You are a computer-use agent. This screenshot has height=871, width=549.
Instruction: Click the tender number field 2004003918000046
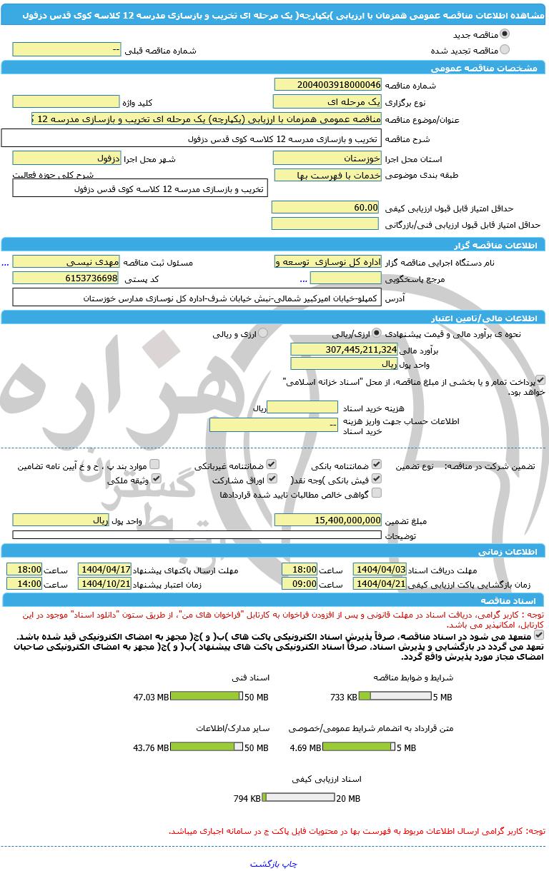pyautogui.click(x=327, y=85)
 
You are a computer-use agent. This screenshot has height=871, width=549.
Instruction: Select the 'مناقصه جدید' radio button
pyautogui.click(x=505, y=34)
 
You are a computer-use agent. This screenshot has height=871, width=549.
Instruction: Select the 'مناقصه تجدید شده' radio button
pyautogui.click(x=505, y=50)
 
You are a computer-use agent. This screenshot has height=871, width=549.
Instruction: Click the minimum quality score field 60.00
pyautogui.click(x=325, y=207)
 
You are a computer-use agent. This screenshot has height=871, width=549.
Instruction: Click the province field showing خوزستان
pyautogui.click(x=327, y=158)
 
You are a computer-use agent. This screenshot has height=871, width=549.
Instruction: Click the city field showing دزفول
pyautogui.click(x=66, y=158)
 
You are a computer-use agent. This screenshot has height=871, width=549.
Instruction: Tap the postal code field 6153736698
pyautogui.click(x=66, y=278)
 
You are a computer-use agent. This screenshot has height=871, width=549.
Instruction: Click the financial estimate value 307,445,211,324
pyautogui.click(x=344, y=349)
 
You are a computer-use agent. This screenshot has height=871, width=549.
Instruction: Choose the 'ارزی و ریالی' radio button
pyautogui.click(x=262, y=333)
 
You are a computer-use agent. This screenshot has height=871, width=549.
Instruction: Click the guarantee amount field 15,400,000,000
pyautogui.click(x=328, y=520)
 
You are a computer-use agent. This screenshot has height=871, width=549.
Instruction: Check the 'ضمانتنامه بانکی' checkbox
pyautogui.click(x=377, y=465)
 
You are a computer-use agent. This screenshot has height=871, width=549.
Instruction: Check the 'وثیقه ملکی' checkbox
pyautogui.click(x=156, y=479)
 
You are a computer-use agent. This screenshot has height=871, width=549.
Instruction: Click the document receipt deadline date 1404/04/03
pyautogui.click(x=380, y=569)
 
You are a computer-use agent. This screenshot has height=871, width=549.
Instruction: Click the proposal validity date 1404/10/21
pyautogui.click(x=104, y=583)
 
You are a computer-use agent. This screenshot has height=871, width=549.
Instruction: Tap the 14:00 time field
pyautogui.click(x=24, y=583)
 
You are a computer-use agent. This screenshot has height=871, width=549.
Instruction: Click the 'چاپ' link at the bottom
pyautogui.click(x=290, y=863)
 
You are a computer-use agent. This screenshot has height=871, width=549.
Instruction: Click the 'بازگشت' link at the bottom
pyautogui.click(x=265, y=863)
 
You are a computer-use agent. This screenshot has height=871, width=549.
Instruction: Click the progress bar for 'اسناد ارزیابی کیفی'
pyautogui.click(x=298, y=798)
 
